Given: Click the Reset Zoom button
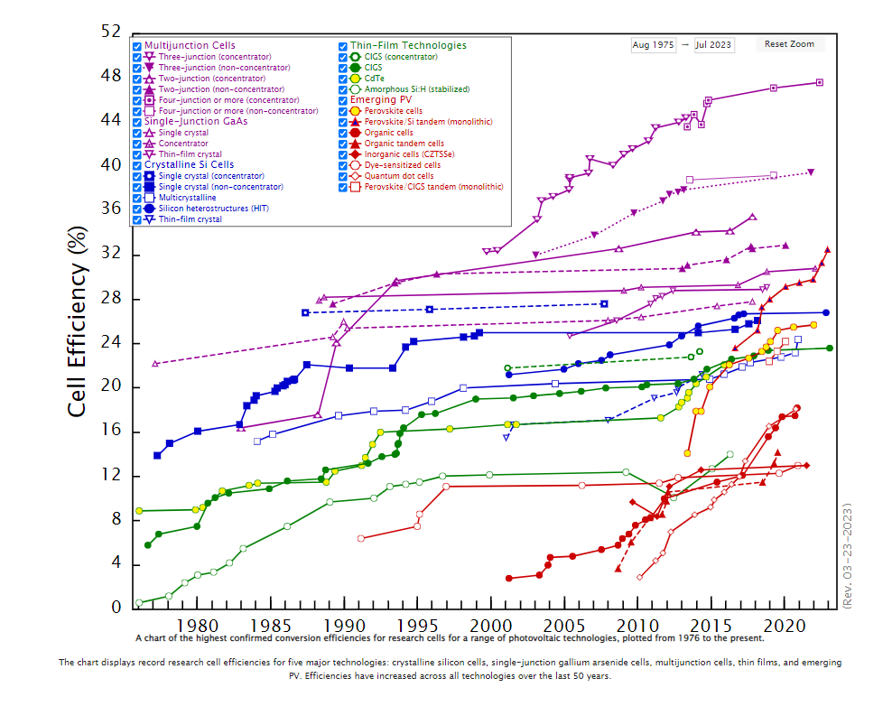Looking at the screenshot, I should click(788, 44).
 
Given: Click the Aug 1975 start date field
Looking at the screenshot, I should click(653, 44).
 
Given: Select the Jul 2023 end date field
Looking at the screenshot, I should click(713, 44).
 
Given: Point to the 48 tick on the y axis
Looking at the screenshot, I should click(109, 76).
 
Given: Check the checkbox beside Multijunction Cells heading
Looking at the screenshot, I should click(137, 46).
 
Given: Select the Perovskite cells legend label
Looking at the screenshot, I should click(394, 111).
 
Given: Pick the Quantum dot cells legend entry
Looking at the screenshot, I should click(399, 176).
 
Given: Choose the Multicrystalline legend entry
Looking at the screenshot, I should click(187, 197).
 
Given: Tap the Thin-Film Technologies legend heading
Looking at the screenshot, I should click(408, 45).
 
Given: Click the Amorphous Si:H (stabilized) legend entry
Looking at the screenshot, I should click(404, 89).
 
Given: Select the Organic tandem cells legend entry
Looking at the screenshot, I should click(404, 144).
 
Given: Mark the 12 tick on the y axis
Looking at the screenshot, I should click(109, 476).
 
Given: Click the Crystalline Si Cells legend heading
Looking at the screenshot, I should click(189, 164).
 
